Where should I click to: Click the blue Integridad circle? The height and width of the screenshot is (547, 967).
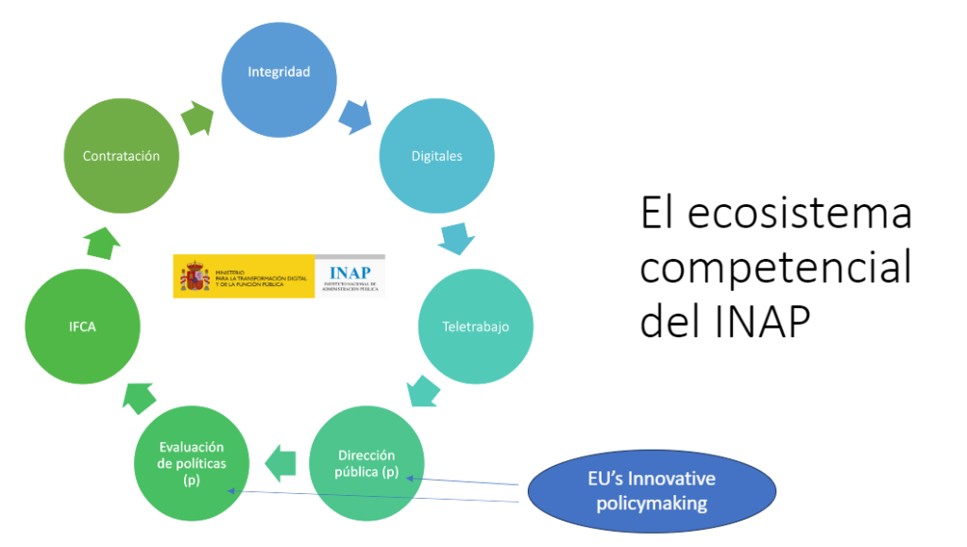click(x=279, y=73)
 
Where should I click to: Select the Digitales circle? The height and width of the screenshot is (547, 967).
click(x=436, y=156)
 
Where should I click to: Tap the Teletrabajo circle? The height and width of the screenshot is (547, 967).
click(x=475, y=328)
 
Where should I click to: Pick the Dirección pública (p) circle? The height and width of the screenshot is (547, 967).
click(x=366, y=464)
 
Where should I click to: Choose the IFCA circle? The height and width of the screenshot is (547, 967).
click(x=83, y=327)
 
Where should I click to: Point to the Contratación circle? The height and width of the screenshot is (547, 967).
click(x=121, y=156)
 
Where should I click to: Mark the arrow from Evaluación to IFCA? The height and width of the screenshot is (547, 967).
click(x=137, y=396)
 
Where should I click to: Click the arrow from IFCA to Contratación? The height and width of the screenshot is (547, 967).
click(x=101, y=241)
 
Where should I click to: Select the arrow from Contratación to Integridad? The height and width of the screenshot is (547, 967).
click(x=197, y=117)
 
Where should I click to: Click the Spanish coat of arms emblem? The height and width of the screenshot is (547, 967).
click(x=195, y=277)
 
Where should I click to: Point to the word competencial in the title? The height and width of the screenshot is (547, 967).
click(x=775, y=267)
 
